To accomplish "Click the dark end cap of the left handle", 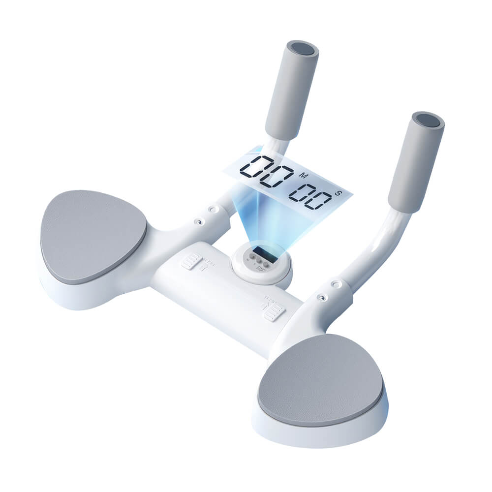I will tap(301, 48).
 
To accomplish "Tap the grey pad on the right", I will tap(320, 378).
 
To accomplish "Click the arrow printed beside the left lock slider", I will tap(203, 268).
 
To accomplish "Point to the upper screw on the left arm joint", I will tap(213, 209).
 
